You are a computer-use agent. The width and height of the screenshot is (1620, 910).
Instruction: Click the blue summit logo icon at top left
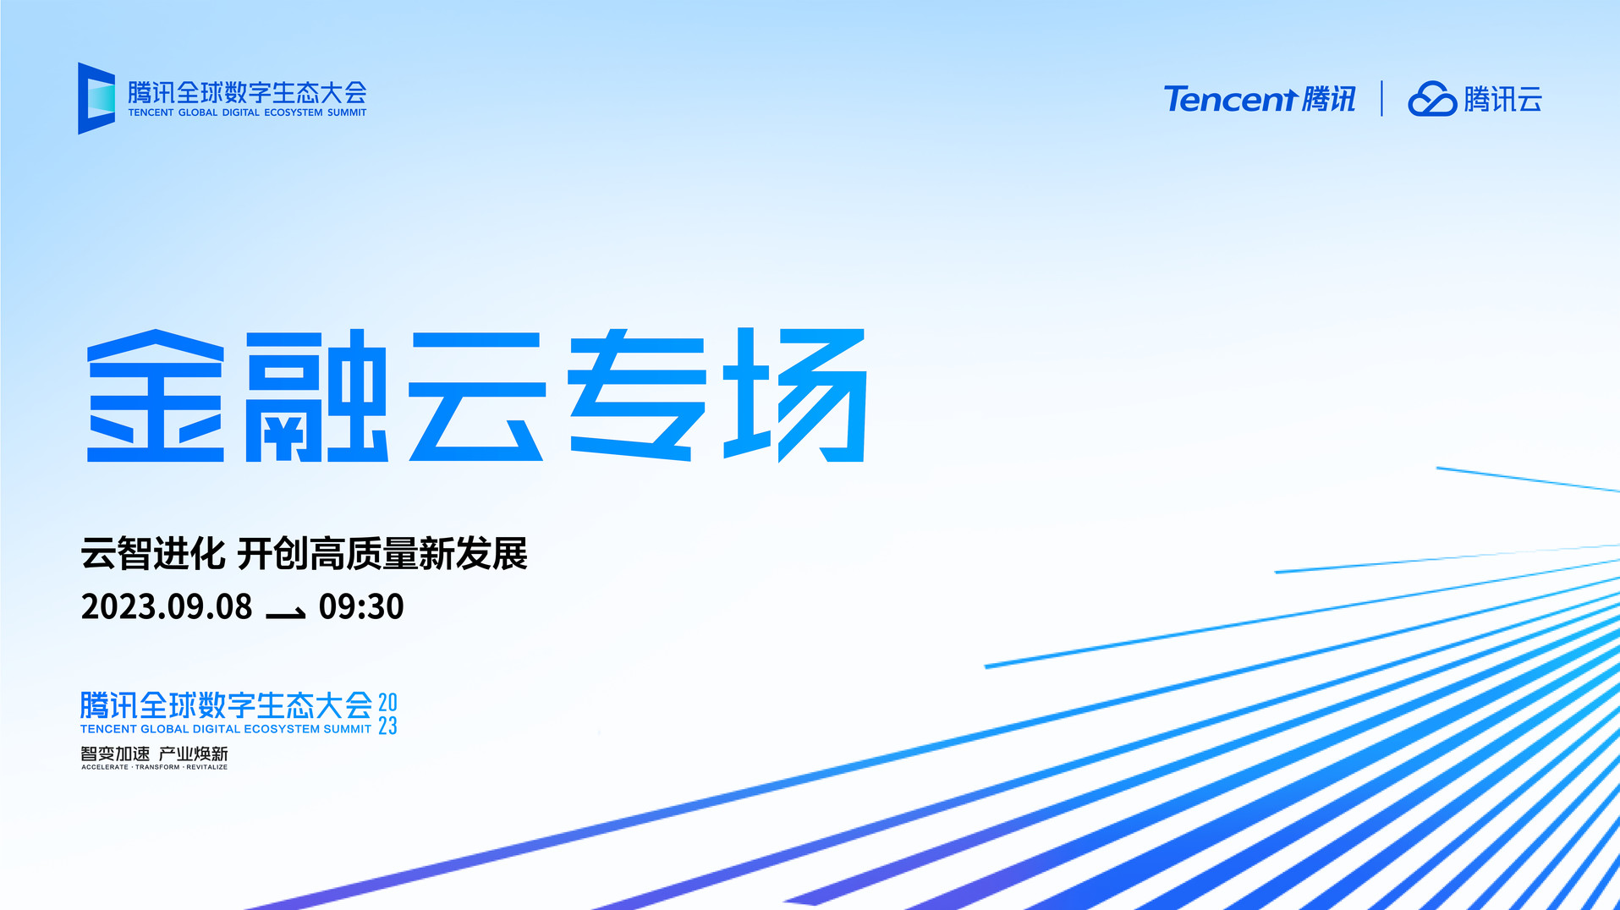pyautogui.click(x=96, y=98)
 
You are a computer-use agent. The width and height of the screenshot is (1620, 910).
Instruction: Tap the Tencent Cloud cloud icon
pyautogui.click(x=1431, y=99)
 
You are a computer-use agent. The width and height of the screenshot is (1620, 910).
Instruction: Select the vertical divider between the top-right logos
pyautogui.click(x=1381, y=98)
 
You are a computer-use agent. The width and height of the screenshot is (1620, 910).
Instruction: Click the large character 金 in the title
pyautogui.click(x=156, y=396)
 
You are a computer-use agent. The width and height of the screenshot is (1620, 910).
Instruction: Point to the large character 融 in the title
pyautogui.click(x=316, y=396)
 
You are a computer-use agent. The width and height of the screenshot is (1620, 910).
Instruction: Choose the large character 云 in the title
pyautogui.click(x=477, y=396)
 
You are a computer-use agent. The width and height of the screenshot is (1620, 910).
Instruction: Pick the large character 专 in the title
pyautogui.click(x=636, y=394)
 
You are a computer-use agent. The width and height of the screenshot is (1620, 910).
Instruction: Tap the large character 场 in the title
pyautogui.click(x=795, y=395)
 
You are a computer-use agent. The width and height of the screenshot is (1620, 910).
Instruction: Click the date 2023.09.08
pyautogui.click(x=167, y=607)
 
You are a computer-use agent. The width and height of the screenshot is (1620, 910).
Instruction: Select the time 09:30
pyautogui.click(x=361, y=607)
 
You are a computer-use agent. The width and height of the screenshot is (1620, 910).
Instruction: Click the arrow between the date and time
pyautogui.click(x=286, y=613)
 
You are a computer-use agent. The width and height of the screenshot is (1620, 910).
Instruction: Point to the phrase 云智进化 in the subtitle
pyautogui.click(x=153, y=554)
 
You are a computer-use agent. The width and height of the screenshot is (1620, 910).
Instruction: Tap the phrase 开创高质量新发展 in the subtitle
pyautogui.click(x=382, y=554)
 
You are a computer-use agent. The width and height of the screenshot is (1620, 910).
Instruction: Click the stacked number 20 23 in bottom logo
pyautogui.click(x=387, y=714)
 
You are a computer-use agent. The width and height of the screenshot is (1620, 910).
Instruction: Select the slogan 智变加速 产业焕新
pyautogui.click(x=155, y=754)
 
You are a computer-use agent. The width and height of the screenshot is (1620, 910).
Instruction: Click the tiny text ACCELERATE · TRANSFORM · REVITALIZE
pyautogui.click(x=155, y=767)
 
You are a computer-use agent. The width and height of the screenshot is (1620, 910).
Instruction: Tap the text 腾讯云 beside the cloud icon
pyautogui.click(x=1502, y=99)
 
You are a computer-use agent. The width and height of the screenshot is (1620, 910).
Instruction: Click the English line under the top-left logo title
pyautogui.click(x=247, y=112)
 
